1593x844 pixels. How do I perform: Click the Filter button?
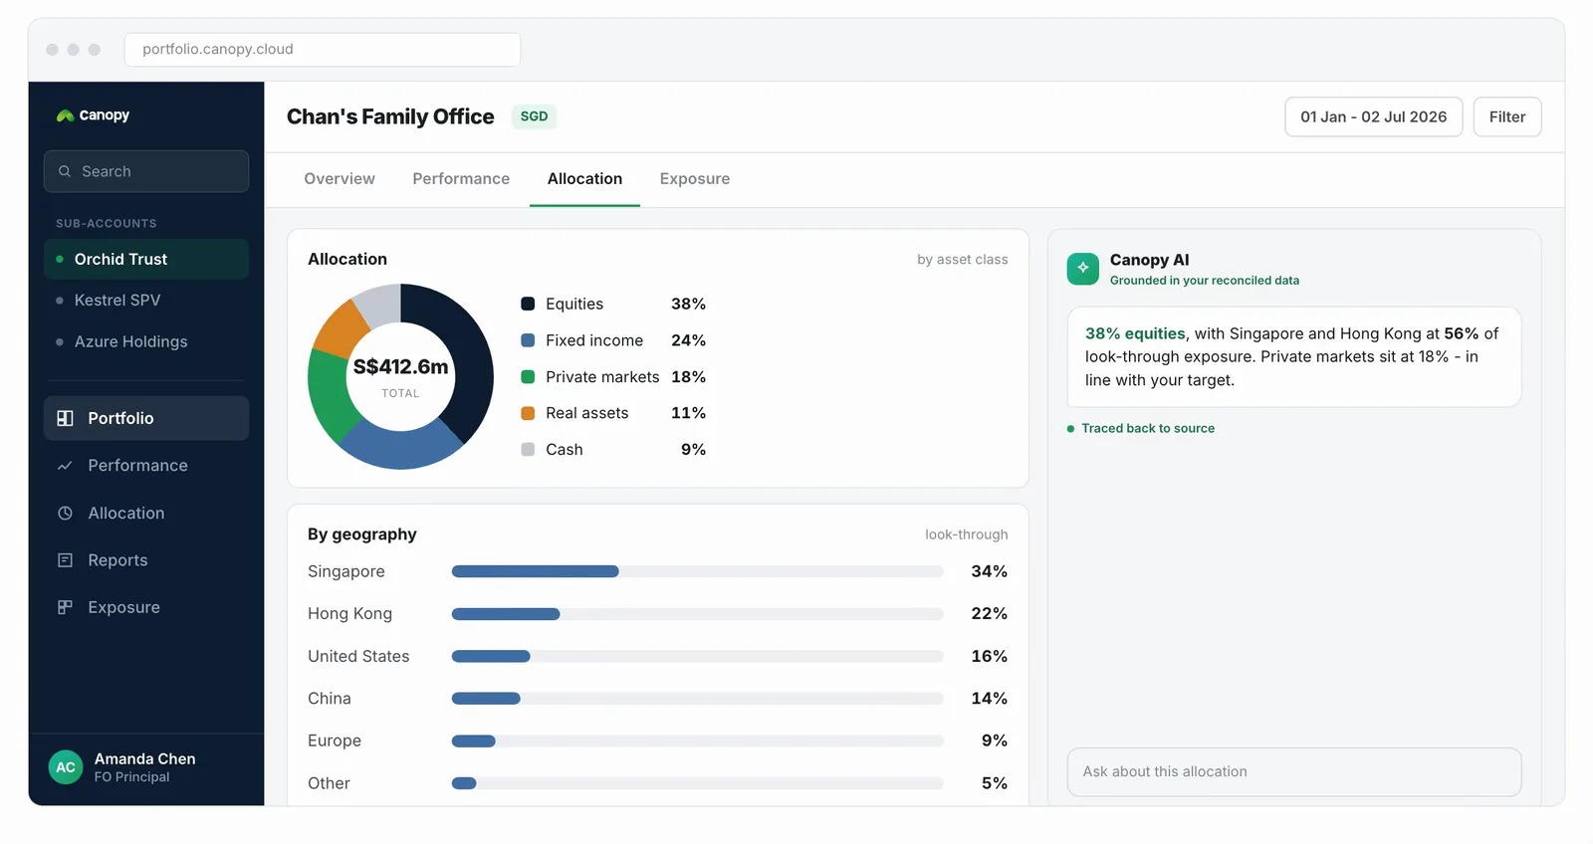click(x=1507, y=116)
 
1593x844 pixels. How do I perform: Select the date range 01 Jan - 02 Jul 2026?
click(x=1373, y=116)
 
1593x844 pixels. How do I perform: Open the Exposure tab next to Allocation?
click(x=694, y=178)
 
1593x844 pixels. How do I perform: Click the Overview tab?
click(x=340, y=178)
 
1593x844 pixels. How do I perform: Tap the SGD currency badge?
click(x=534, y=115)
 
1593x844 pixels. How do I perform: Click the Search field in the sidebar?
click(x=146, y=171)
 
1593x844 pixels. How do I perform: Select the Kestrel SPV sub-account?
click(x=117, y=300)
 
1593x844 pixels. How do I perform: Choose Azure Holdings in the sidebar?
click(x=130, y=341)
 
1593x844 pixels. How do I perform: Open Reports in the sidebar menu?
click(x=117, y=560)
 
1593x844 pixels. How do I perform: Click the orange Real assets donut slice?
click(x=339, y=329)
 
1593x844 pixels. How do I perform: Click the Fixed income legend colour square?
click(x=528, y=340)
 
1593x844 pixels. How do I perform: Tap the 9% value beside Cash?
click(x=693, y=450)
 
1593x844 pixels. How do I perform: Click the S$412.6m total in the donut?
click(x=400, y=367)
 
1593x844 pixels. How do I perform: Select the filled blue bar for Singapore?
click(x=535, y=571)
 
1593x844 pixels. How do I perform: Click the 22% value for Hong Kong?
click(x=990, y=614)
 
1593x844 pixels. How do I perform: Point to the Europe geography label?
click(x=335, y=740)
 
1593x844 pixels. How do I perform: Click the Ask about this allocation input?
click(x=1294, y=771)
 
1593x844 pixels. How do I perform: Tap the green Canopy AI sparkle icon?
click(x=1082, y=268)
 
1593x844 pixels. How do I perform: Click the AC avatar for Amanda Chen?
click(x=66, y=767)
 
